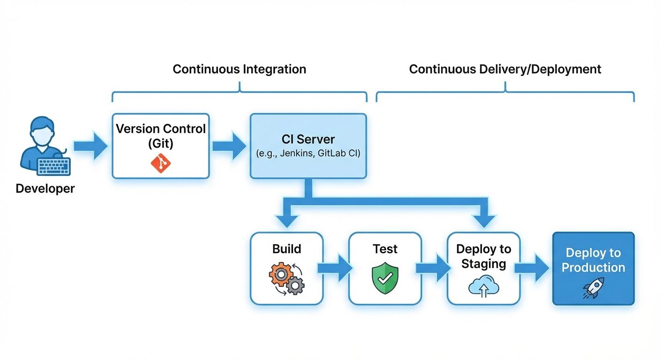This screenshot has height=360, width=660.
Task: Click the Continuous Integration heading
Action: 239,69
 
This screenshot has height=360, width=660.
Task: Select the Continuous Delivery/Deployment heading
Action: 505,69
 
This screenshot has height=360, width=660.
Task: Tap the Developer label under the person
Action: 45,188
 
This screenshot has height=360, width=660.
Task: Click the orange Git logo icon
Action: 160,163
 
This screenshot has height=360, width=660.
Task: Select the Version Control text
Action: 161,129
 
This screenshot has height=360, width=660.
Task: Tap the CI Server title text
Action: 308,139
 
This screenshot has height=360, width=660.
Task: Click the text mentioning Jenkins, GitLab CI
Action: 308,153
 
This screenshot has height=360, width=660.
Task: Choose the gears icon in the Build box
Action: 286,278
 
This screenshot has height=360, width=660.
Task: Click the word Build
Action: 286,249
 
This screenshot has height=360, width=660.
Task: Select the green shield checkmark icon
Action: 385,279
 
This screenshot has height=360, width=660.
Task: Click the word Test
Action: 385,249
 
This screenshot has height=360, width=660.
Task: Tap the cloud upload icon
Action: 484,286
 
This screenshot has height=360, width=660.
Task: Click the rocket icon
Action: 593,288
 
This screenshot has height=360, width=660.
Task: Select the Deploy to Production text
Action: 593,260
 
